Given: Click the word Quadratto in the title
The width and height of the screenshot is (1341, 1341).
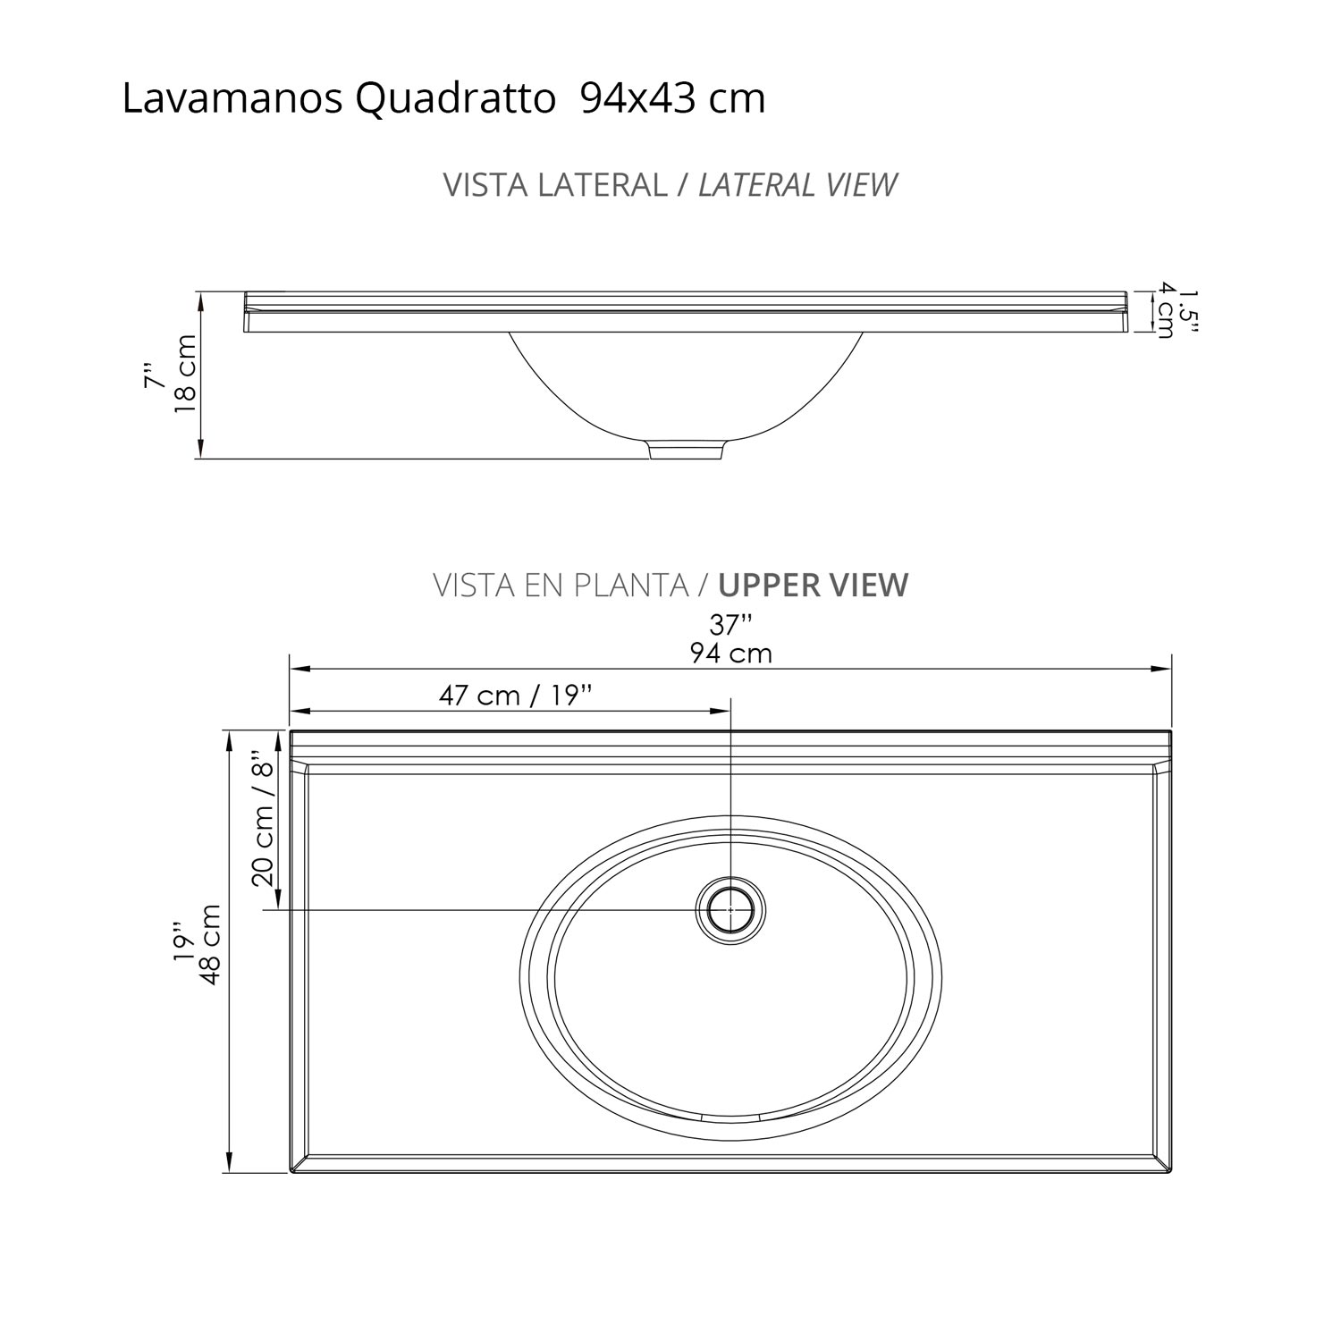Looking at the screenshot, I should click(456, 99).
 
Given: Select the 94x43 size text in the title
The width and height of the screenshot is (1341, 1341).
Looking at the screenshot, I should click(639, 99).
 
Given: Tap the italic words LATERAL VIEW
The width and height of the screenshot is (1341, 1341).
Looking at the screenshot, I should click(797, 185).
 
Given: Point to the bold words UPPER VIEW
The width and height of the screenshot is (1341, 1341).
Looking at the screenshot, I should click(814, 586).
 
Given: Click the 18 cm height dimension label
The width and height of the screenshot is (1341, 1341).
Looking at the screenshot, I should click(185, 373).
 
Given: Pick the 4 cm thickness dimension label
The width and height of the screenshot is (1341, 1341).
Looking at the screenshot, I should click(1165, 311).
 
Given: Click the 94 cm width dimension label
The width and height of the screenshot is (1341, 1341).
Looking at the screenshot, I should click(730, 654).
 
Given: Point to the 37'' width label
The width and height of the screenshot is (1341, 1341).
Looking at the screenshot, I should click(730, 625).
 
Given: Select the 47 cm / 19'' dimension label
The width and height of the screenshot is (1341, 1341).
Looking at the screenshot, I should click(516, 696).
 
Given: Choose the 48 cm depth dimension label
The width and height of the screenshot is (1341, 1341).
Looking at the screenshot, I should click(212, 945).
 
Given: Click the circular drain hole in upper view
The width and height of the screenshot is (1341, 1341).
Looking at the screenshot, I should click(731, 909).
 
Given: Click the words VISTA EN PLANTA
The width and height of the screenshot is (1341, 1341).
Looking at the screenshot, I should click(561, 586).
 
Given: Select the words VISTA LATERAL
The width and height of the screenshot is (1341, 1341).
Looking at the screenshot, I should click(555, 185).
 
